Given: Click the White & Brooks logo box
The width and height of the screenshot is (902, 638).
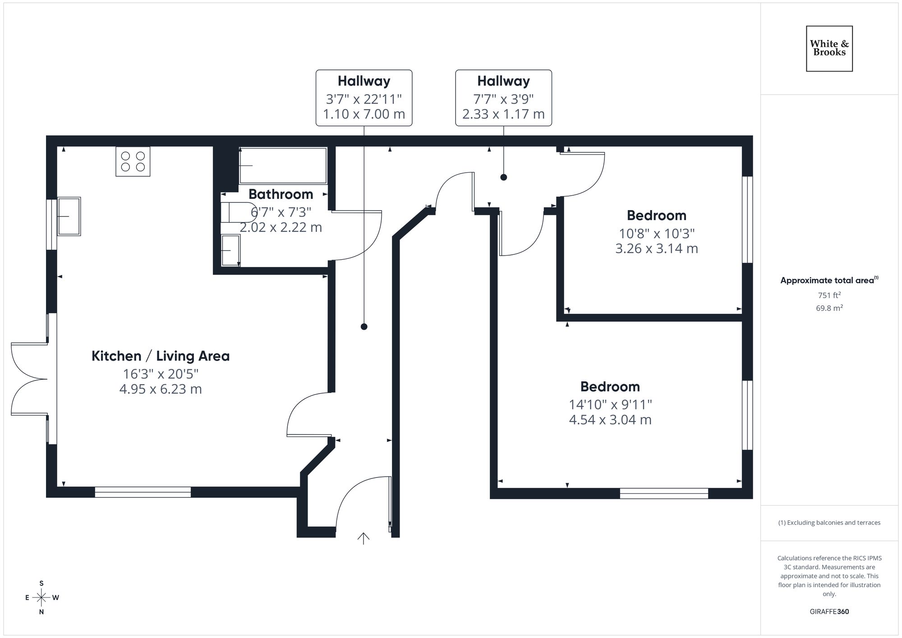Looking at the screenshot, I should coord(829,49).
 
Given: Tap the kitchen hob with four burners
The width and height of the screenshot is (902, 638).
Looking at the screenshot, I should coord(133,161).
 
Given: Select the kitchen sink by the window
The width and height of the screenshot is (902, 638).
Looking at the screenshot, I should coord(69,216).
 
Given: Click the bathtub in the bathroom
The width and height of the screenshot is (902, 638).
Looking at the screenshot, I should coord(283,165).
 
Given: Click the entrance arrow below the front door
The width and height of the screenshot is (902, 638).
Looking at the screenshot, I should coord(364,538).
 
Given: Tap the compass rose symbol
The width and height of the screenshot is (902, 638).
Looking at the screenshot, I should coord(41,598).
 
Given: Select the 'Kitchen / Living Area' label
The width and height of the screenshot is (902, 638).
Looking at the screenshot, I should coord(161,356).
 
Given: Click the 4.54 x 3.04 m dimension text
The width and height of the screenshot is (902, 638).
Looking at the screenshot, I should coord(610,420).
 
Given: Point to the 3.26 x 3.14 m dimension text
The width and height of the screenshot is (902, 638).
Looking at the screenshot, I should coord(656,248).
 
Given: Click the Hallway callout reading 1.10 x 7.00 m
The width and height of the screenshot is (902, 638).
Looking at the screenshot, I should coord(364,98).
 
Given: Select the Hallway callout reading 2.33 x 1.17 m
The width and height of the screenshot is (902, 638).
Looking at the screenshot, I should coord(503,98).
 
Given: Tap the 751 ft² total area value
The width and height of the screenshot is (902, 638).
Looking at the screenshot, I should coord(829,295).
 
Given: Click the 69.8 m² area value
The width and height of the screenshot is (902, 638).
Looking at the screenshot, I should coord(829,308).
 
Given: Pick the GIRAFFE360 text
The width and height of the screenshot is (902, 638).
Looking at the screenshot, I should coord(829,612).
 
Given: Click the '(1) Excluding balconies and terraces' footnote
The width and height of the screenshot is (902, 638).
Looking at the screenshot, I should coord(829,523).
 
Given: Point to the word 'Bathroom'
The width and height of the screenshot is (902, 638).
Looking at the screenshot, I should coord(281,194).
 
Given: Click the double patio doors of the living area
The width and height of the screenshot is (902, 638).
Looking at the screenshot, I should coord(29,379).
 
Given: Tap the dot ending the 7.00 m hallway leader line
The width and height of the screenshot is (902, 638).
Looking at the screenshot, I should coord(364,326).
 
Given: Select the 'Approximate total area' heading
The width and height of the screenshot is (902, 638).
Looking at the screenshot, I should coord(828,280).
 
